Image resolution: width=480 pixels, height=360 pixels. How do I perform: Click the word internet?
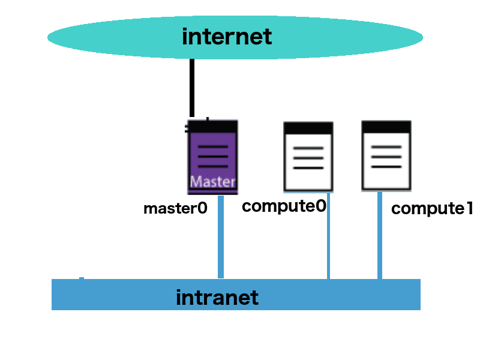coord(227,37)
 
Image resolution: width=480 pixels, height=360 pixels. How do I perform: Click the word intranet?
coord(217,298)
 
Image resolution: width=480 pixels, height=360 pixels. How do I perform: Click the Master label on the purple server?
coord(212,181)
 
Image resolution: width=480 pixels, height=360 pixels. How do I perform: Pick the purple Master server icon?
coord(212,156)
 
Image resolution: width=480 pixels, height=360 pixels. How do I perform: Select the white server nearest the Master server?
coord(308,157)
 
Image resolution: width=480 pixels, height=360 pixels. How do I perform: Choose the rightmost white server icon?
coord(386,156)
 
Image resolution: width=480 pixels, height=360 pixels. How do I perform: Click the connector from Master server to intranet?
coord(221,236)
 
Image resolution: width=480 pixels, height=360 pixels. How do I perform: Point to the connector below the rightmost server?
coord(380,235)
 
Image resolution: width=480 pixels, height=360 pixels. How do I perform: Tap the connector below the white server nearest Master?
coord(328,236)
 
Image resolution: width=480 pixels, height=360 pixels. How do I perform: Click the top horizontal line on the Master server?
coord(213,147)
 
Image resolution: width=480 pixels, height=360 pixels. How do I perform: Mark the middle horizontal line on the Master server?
coord(213,157)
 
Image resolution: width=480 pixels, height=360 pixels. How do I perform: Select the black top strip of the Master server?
coord(212,126)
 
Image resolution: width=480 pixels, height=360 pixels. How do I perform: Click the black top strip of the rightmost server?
coord(386,127)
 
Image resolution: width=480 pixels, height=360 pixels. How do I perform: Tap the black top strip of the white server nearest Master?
coord(308,128)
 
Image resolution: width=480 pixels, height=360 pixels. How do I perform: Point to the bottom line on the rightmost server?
coord(386,166)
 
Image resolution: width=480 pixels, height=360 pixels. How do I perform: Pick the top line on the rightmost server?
coord(386,147)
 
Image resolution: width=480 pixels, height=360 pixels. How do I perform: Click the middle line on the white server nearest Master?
coord(308,158)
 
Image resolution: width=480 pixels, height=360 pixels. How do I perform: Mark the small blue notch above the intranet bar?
coord(82,278)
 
